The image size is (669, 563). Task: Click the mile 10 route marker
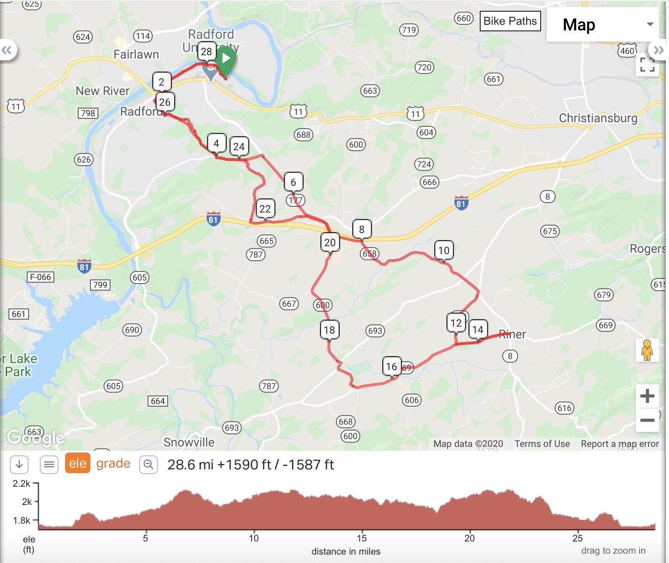coord(444,250)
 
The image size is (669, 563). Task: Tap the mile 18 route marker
coord(329,330)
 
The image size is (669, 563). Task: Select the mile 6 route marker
coord(293,182)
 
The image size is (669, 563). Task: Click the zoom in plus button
coord(647,396)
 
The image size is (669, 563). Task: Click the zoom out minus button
coord(647,420)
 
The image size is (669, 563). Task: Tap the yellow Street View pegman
coord(647,350)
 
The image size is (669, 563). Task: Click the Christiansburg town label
coord(598,118)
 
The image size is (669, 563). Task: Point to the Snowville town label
coord(189,442)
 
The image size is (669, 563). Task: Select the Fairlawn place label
coord(136,54)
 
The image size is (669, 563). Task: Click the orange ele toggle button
coord(77,464)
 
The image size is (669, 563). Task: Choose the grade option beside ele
coord(113,464)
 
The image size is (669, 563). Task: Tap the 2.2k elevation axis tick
coord(22,484)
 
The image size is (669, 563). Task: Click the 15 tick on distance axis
coord(362,538)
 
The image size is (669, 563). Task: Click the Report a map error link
coord(619,444)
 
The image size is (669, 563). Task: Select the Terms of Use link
coord(542,444)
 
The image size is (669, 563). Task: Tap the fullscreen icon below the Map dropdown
coord(647,65)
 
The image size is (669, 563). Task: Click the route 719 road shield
coord(409,30)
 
